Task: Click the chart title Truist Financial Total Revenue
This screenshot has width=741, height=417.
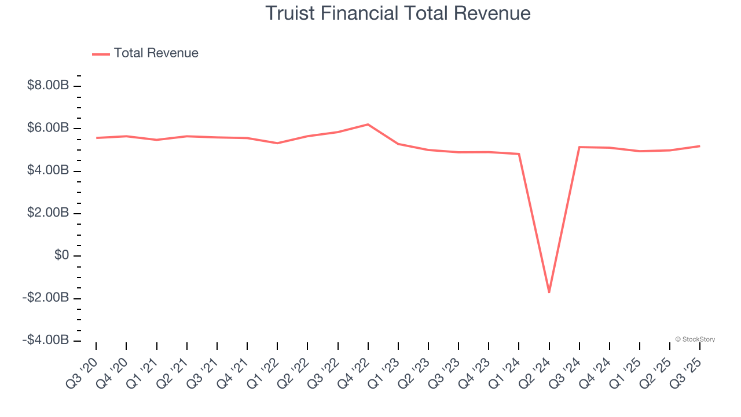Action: coord(398,13)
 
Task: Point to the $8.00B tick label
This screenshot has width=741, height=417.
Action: coord(48,86)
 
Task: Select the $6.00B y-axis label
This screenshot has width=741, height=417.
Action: coord(48,128)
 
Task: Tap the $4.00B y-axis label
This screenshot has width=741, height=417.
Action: coord(48,171)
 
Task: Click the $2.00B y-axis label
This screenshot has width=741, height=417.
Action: coord(48,213)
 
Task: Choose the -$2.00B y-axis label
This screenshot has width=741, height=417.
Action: coord(46,298)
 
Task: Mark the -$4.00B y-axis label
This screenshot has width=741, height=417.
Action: coord(46,340)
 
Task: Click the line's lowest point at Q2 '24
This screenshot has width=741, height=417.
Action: coord(549,292)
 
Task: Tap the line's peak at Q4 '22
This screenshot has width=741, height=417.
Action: coord(368,125)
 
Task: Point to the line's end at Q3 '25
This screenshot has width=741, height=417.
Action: coord(699,146)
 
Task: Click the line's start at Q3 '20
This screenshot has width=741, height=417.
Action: coord(96,138)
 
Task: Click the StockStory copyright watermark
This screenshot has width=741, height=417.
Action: coord(695,339)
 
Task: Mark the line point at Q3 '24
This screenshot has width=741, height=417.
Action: coord(579,147)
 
